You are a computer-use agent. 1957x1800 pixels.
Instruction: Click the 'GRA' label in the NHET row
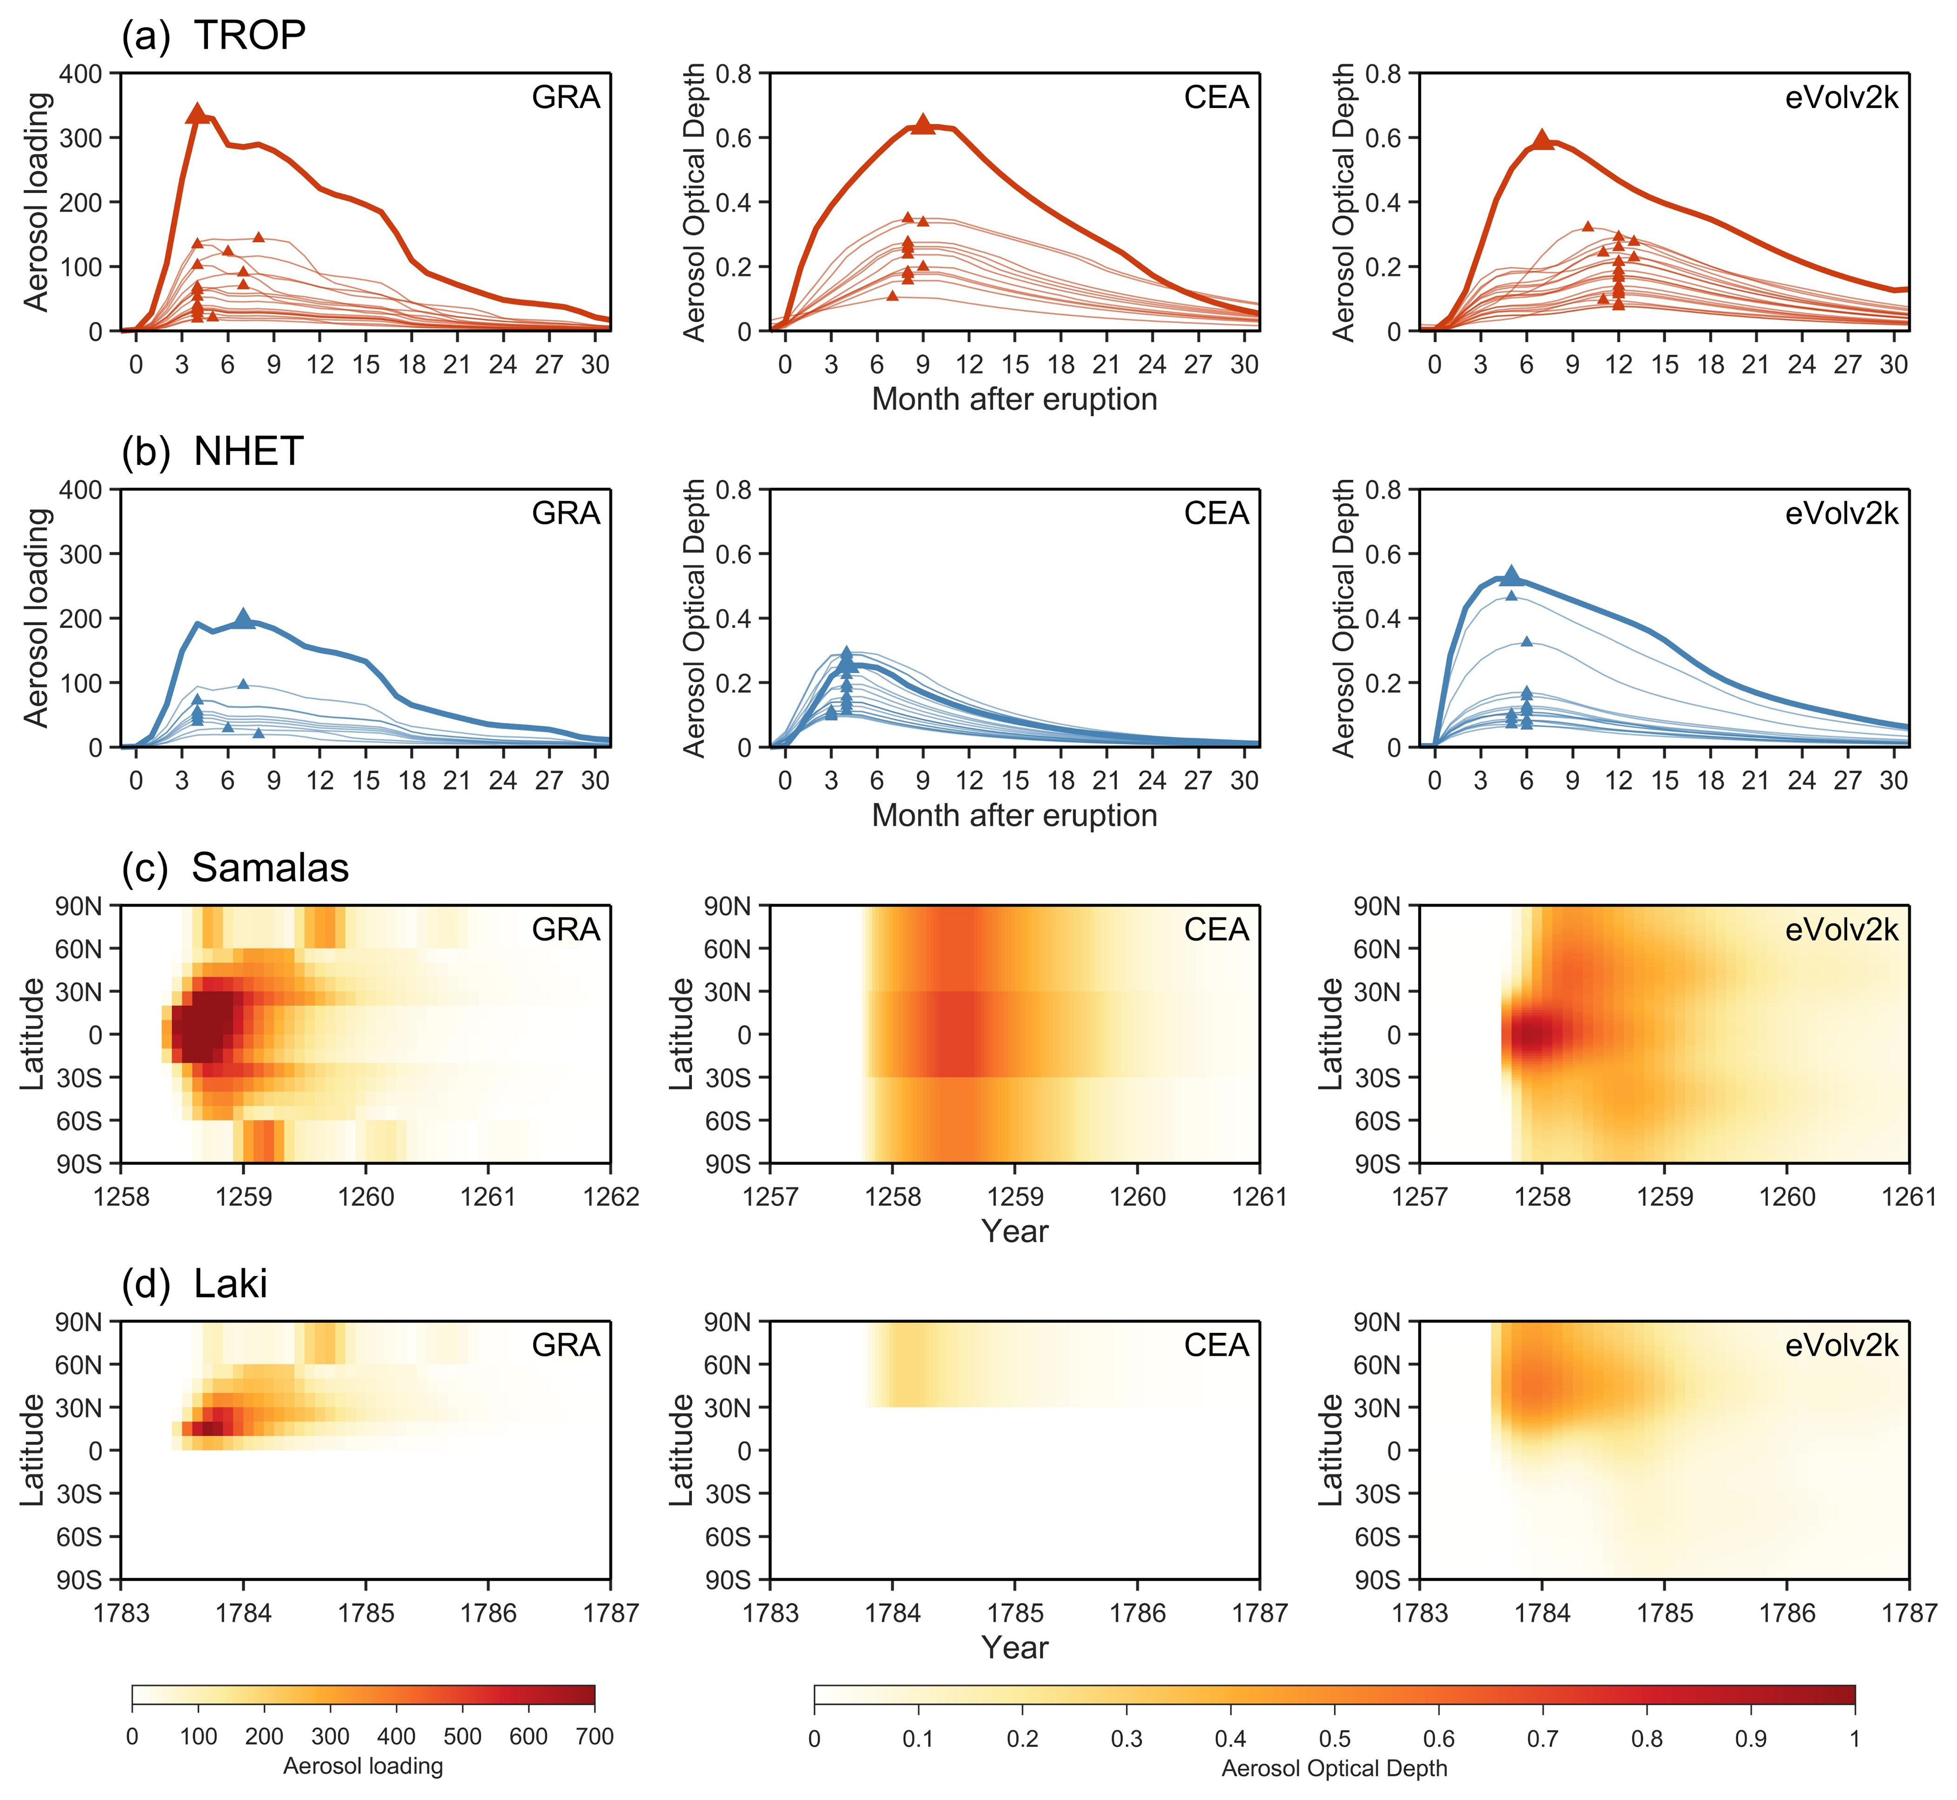(566, 513)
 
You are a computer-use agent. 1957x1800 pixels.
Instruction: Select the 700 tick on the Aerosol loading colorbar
(594, 1737)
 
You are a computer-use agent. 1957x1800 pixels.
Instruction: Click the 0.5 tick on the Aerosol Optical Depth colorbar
(1335, 1739)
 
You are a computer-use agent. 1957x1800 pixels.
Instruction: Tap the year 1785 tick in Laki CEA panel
(1015, 1613)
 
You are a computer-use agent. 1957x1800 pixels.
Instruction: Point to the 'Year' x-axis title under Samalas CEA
(1015, 1231)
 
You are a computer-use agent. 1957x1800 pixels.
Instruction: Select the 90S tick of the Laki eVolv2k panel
(1378, 1580)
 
